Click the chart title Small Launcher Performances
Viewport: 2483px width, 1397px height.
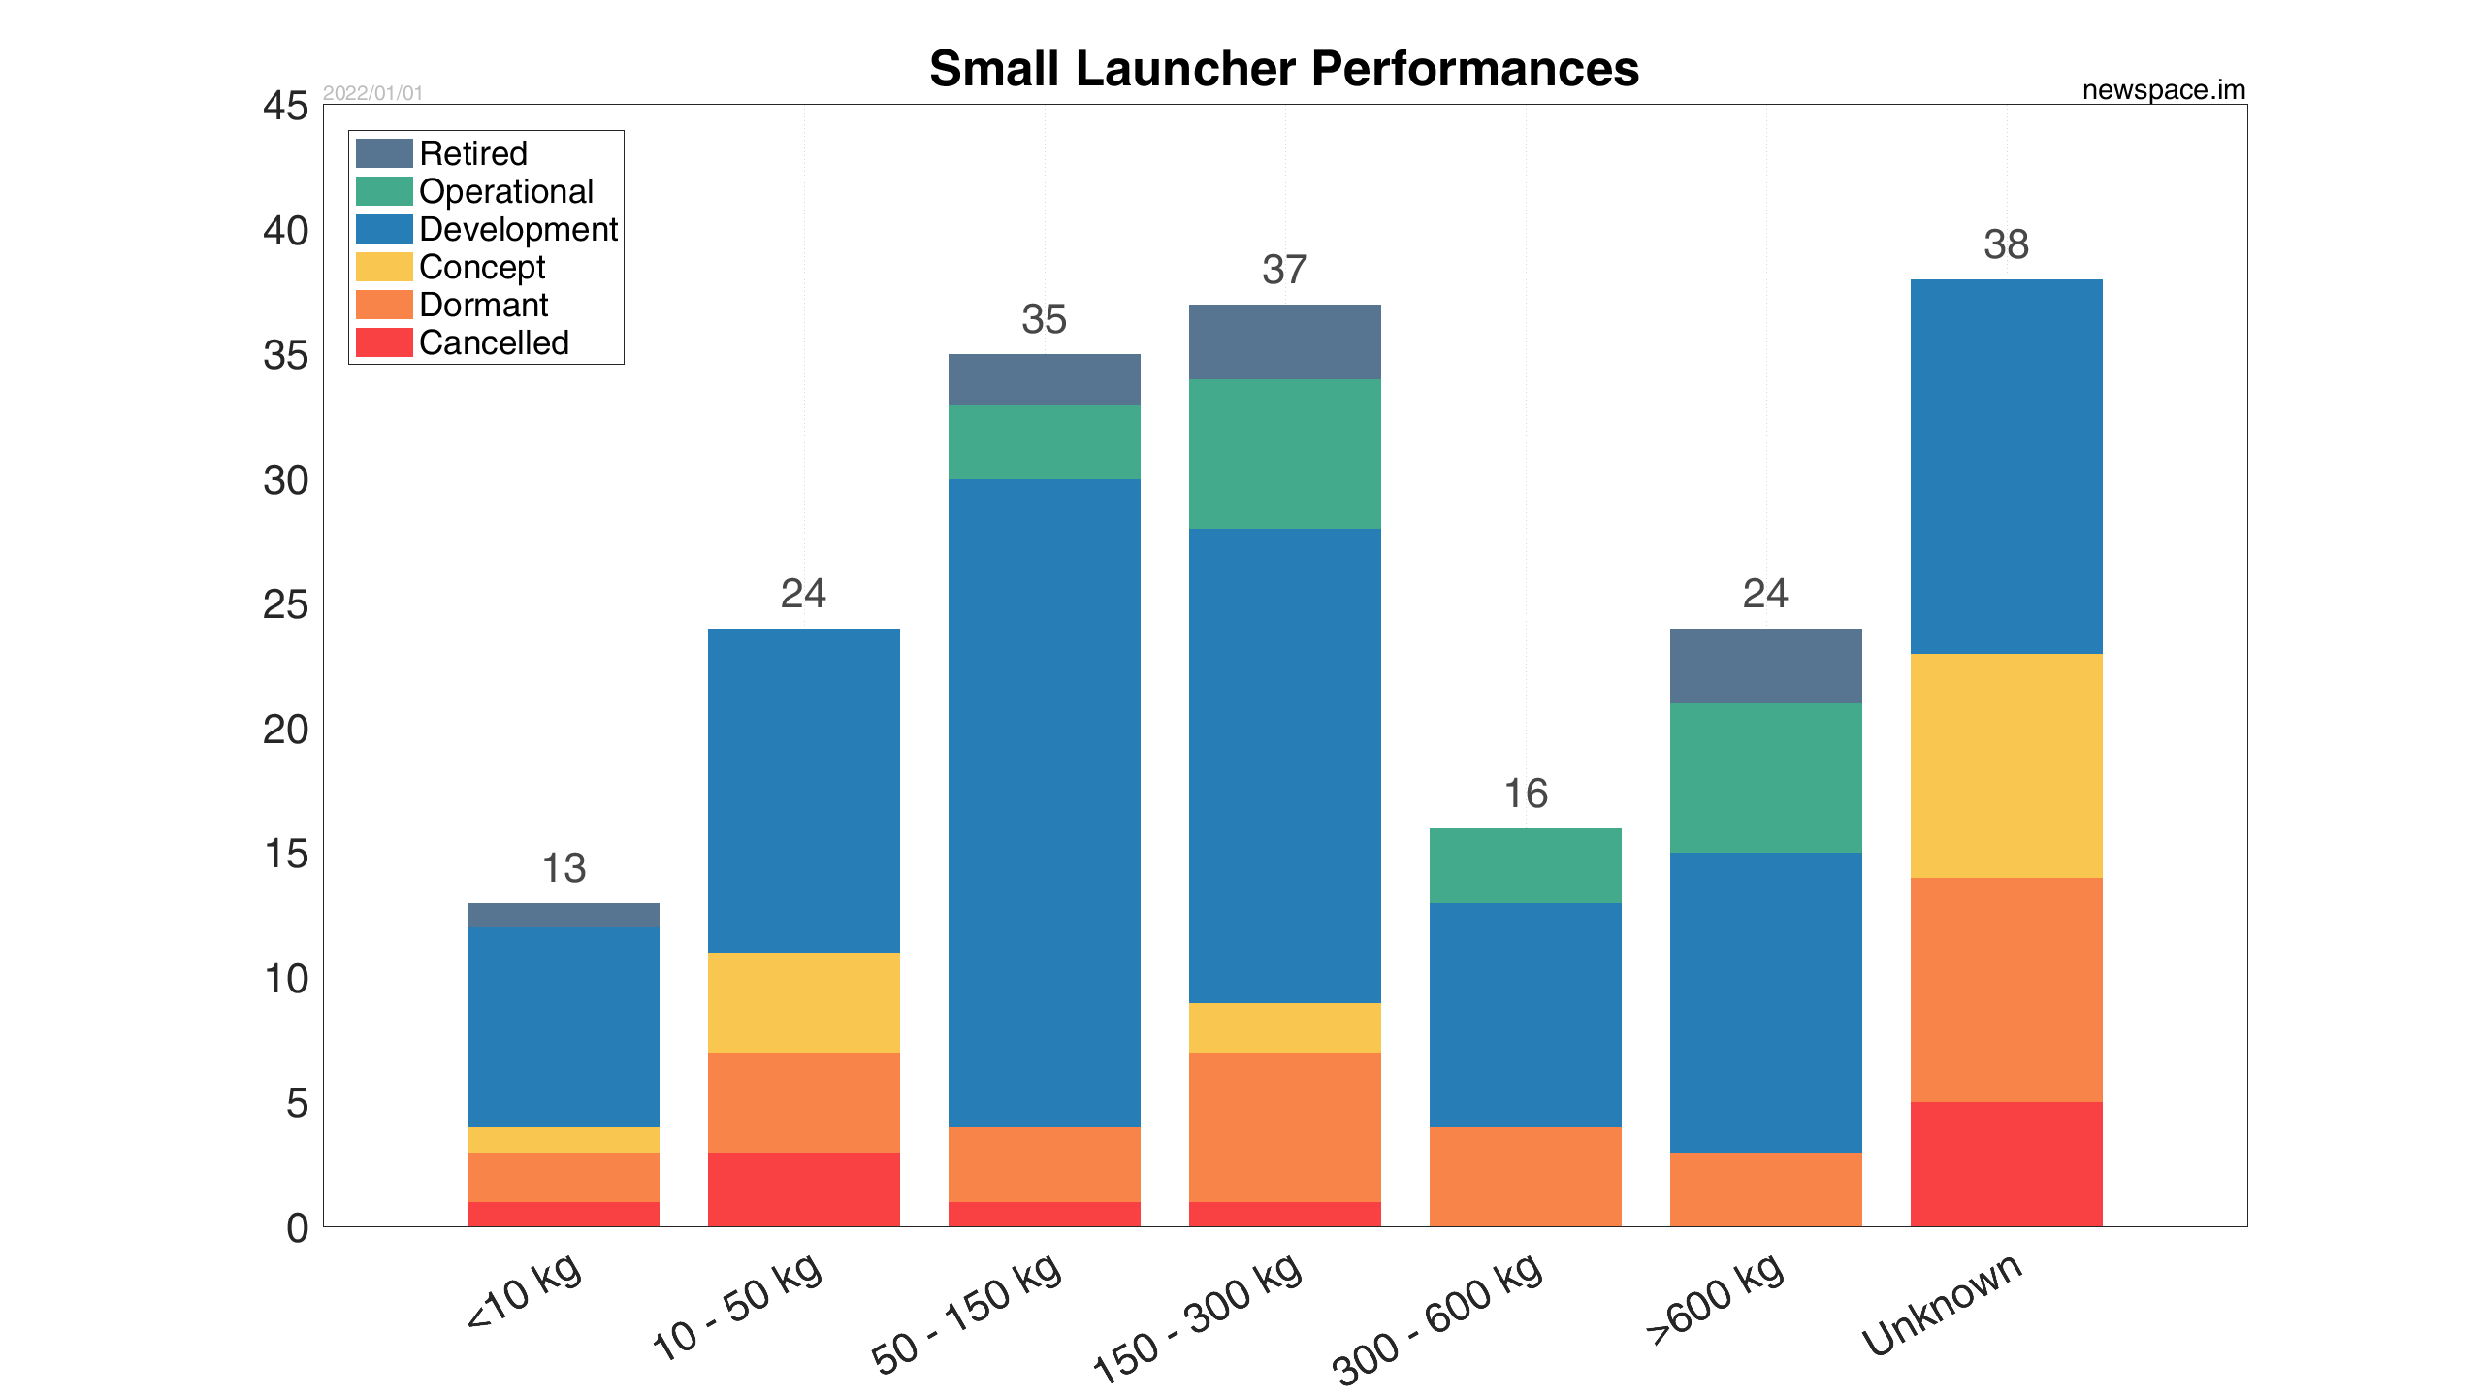(1283, 69)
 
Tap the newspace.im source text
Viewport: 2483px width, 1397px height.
(2163, 90)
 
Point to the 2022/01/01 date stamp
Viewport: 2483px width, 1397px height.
(372, 93)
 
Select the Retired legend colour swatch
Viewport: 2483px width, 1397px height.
(384, 153)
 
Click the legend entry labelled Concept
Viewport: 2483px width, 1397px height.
(482, 267)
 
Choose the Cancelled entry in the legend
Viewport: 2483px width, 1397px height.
(494, 342)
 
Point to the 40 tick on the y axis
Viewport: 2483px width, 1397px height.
(285, 231)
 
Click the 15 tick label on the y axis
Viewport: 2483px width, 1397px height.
(285, 854)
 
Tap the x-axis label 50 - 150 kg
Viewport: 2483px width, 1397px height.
(966, 1314)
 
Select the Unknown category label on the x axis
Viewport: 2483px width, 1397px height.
(1942, 1304)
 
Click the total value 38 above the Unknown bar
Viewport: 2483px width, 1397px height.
(2006, 244)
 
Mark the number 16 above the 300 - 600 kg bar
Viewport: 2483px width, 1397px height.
(1525, 794)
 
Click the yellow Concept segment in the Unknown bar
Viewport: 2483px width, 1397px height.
(2006, 765)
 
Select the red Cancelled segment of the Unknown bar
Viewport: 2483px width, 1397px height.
(2006, 1163)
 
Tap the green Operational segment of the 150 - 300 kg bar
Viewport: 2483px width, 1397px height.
(1284, 453)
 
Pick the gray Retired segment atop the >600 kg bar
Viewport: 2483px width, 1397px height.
(1765, 666)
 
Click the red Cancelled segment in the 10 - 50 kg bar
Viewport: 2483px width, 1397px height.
(803, 1188)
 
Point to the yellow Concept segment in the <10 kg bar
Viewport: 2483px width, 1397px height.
(563, 1139)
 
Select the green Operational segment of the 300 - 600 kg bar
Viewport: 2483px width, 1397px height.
(1525, 865)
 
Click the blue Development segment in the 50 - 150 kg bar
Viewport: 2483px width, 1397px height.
(1044, 802)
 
